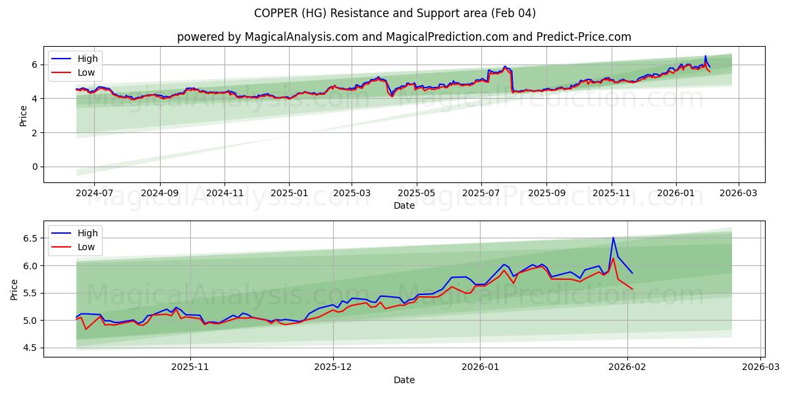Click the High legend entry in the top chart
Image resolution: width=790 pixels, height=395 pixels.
[87, 59]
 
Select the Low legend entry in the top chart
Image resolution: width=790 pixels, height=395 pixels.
[86, 72]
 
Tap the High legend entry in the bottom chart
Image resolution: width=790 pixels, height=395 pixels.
[87, 233]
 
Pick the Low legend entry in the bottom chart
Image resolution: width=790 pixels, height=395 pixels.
[86, 247]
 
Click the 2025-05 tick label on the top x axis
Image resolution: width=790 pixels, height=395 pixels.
[416, 193]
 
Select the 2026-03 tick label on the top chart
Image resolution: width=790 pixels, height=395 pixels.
[738, 193]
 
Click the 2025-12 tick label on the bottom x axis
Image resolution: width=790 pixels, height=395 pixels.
[332, 367]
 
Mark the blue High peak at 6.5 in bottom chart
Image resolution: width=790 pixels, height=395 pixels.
[613, 238]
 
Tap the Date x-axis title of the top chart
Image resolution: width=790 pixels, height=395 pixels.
[404, 205]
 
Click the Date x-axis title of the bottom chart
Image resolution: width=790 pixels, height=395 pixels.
[404, 380]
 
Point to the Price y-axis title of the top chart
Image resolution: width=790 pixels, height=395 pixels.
[23, 115]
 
